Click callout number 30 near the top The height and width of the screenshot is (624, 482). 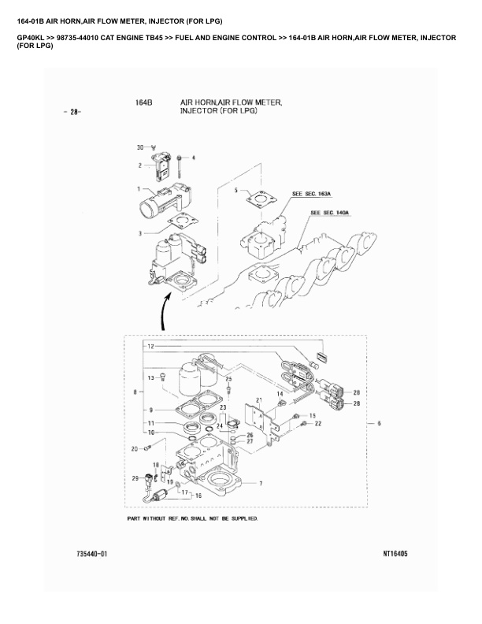[140, 147]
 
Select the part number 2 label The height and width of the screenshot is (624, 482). [140, 165]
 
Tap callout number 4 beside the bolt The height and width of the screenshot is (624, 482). [194, 158]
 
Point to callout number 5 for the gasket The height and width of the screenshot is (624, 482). [235, 191]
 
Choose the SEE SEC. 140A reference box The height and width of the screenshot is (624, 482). [330, 213]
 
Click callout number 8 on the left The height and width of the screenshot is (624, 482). [137, 391]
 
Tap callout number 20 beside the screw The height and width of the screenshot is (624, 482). [135, 448]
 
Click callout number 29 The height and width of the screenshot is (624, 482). [135, 478]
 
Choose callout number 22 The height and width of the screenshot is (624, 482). [318, 424]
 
